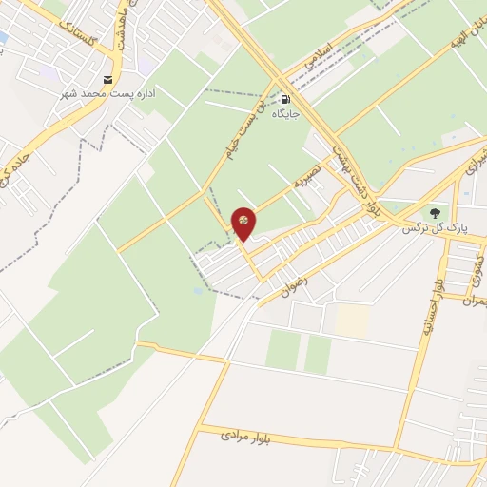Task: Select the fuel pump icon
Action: click(x=286, y=97)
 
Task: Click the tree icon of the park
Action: click(x=435, y=213)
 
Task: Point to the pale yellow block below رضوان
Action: click(x=352, y=320)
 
